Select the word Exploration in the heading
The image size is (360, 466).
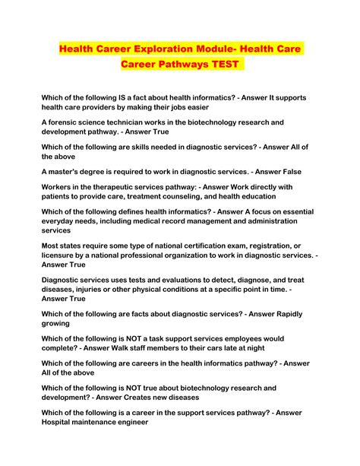[169, 48]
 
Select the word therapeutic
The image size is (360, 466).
[120, 186]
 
